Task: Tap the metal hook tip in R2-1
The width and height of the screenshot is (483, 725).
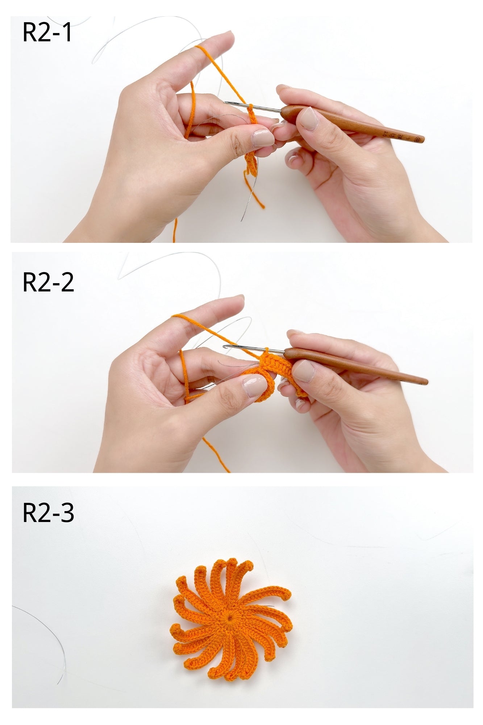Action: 225,103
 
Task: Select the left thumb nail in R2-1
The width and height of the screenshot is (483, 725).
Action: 263,138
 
